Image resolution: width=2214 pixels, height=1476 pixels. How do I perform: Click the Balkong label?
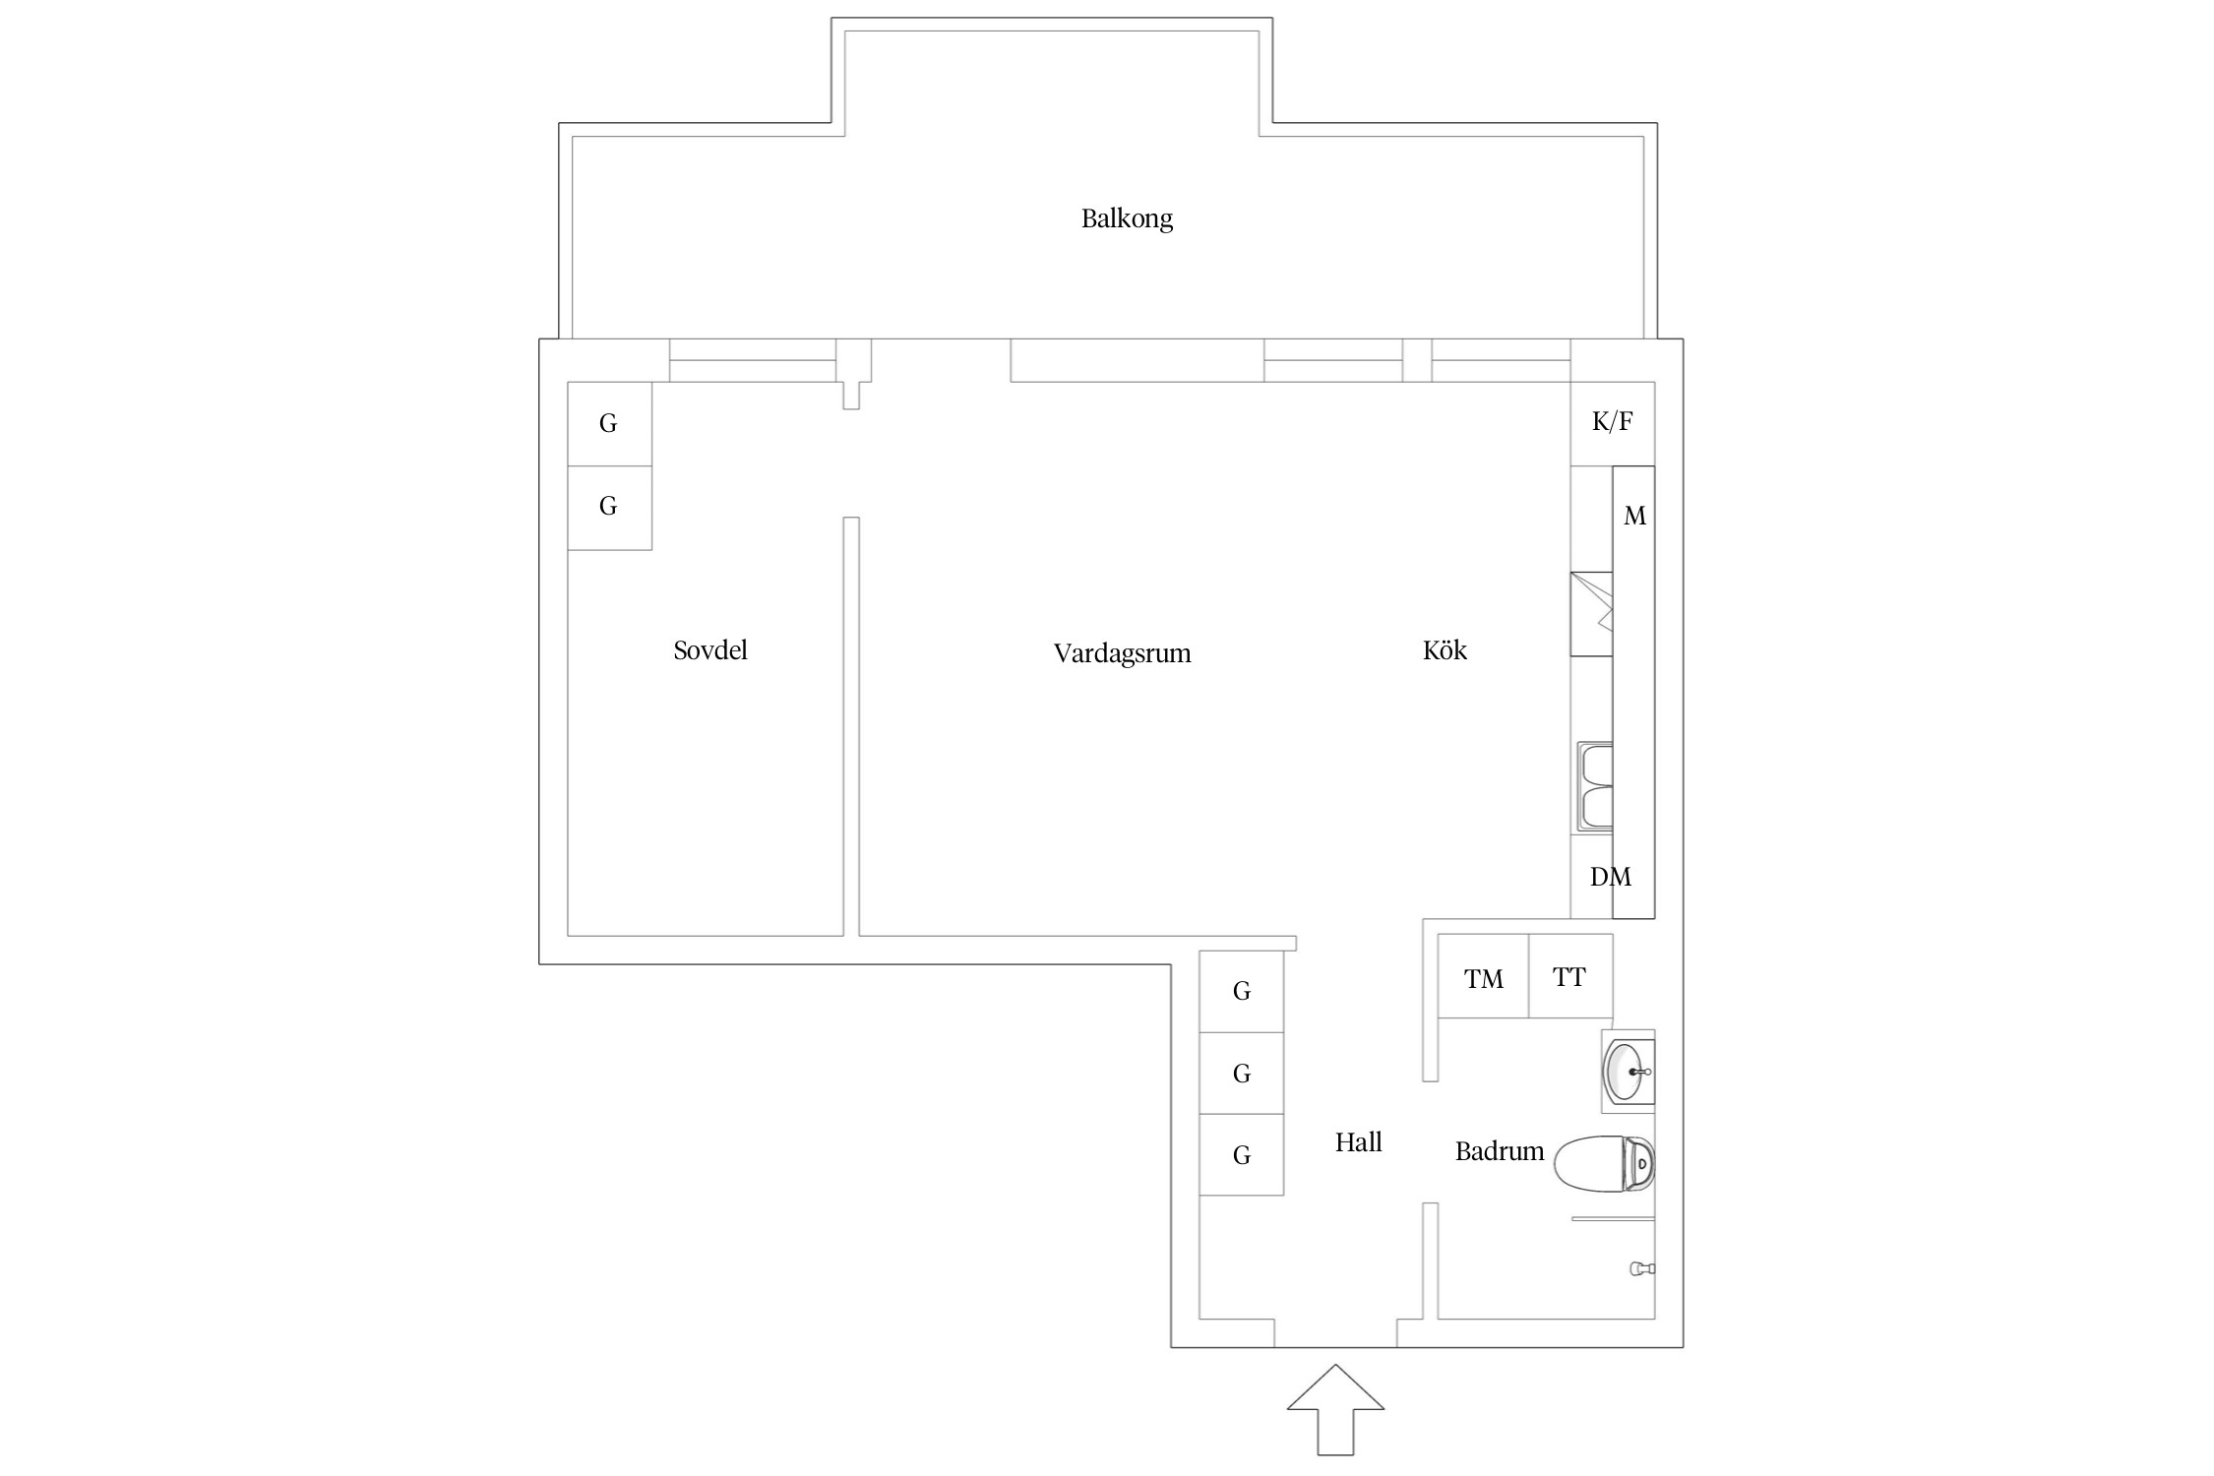tap(1127, 218)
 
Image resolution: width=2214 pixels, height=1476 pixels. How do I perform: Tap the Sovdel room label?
tap(710, 650)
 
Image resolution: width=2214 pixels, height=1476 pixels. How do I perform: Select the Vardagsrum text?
tap(1122, 653)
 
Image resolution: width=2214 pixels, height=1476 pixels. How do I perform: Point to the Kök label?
tap(1445, 650)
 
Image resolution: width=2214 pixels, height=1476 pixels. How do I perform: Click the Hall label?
tap(1358, 1142)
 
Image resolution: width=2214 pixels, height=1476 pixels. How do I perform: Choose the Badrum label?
tap(1499, 1151)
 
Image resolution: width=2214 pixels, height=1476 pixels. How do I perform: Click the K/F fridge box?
tap(1612, 423)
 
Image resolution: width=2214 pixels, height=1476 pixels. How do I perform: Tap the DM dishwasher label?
tap(1610, 877)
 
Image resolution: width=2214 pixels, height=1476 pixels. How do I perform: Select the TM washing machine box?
tap(1483, 977)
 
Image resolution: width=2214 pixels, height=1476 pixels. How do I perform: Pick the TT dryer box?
tap(1569, 976)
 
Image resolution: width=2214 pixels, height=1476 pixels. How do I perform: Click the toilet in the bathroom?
tap(1604, 1163)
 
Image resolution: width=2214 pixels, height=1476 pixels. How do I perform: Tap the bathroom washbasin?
tap(1628, 1072)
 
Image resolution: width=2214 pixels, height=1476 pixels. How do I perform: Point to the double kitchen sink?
tap(1595, 787)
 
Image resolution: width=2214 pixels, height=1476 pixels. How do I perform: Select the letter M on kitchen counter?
tap(1634, 516)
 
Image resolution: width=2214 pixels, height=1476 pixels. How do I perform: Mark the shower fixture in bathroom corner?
tap(1641, 1268)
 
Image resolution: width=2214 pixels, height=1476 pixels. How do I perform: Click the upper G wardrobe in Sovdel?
tap(609, 423)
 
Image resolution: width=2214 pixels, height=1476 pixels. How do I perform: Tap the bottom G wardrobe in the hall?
tap(1241, 1155)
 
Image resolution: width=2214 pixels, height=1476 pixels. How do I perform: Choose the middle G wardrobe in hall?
tap(1241, 1074)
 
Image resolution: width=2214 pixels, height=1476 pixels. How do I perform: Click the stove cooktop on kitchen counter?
tap(1591, 614)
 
